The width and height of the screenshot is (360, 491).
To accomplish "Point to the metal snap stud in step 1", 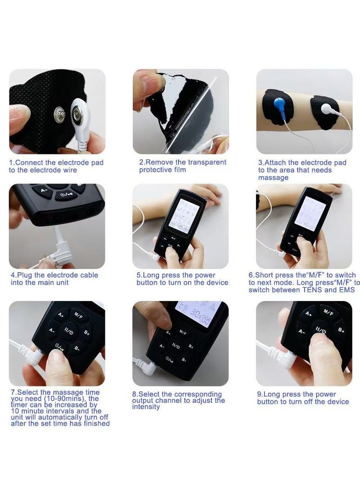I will [x=58, y=113].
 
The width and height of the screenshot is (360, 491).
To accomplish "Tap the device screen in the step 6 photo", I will [x=310, y=213].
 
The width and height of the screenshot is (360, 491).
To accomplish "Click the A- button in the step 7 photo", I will [x=52, y=331].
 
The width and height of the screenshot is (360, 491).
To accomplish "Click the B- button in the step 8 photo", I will [x=184, y=360].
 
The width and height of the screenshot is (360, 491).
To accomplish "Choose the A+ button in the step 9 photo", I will [x=308, y=314].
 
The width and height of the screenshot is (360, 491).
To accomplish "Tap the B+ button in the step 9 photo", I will [x=342, y=330].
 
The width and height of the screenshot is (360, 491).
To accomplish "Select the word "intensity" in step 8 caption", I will [x=146, y=407].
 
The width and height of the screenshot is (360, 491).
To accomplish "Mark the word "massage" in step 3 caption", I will [x=273, y=178].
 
